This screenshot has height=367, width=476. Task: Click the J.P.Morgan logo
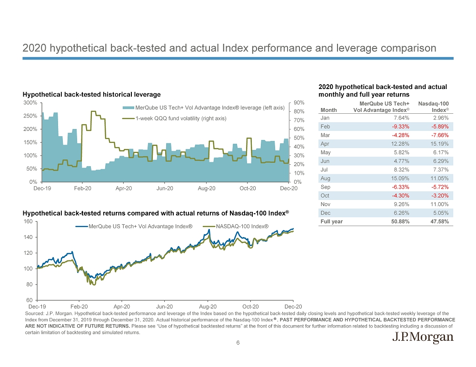422,338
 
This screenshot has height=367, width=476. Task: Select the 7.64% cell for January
400,118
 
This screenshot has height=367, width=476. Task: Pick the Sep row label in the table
326,187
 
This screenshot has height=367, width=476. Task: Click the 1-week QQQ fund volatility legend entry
180,118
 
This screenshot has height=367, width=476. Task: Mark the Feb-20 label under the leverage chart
83,189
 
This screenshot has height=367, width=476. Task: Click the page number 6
238,343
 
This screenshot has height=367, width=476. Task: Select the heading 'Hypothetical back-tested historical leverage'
92,95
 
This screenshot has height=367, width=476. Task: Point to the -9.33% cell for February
400,127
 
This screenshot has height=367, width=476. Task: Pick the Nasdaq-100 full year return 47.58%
440,221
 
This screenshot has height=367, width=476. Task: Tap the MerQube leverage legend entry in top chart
209,107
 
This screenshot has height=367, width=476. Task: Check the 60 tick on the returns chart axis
29,300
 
